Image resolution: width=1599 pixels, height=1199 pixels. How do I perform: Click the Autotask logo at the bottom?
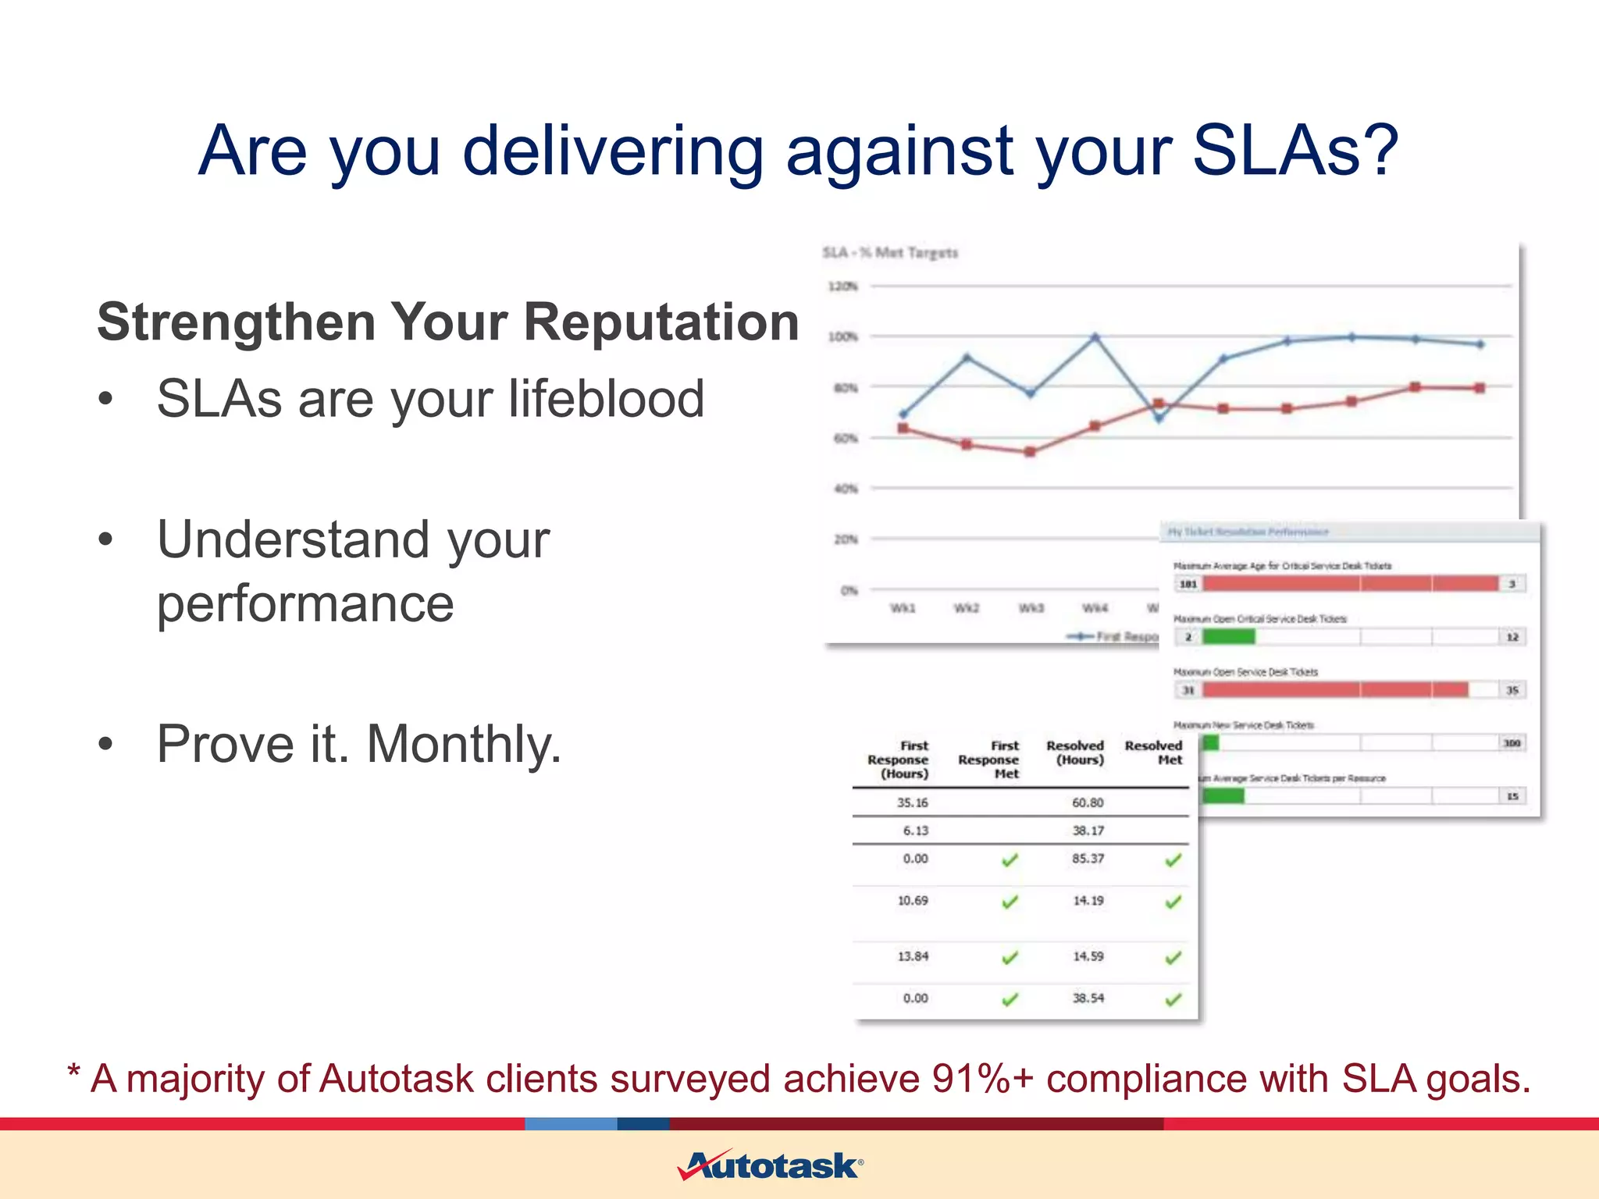tap(770, 1165)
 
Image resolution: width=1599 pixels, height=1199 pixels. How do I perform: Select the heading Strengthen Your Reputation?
tap(448, 322)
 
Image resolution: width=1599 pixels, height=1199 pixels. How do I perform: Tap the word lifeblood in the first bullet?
tap(606, 399)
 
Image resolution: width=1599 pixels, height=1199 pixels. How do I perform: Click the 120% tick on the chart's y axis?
tap(842, 286)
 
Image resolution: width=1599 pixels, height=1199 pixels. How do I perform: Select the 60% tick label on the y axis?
tap(845, 438)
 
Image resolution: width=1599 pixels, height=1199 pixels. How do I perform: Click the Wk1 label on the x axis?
tap(903, 608)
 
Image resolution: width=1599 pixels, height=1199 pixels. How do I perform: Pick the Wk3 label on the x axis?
tap(1031, 608)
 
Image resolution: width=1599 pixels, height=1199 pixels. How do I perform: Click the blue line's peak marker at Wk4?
tap(1095, 338)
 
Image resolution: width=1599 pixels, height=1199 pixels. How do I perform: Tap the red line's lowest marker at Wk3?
tap(1030, 452)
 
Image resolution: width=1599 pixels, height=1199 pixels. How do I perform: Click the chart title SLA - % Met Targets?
tap(889, 253)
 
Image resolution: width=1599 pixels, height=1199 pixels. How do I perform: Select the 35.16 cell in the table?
tap(912, 802)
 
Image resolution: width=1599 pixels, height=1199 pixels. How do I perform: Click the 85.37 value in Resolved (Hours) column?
tap(1088, 859)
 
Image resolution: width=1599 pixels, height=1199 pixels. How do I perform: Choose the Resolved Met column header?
tap(1153, 752)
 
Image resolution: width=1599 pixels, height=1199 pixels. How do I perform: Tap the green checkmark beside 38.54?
tap(1173, 999)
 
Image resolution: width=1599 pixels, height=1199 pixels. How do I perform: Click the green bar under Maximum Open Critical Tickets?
tap(1228, 637)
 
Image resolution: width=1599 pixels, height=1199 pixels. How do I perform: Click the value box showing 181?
tap(1188, 584)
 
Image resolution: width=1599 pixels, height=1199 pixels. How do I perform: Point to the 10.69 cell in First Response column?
tap(912, 901)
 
